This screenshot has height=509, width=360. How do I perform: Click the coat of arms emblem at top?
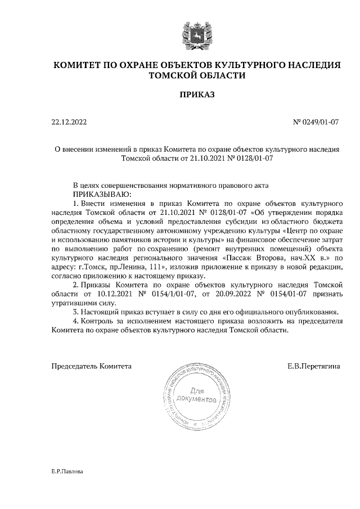(x=196, y=33)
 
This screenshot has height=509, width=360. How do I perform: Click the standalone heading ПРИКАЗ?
(x=196, y=96)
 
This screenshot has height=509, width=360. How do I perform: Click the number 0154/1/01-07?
(x=171, y=294)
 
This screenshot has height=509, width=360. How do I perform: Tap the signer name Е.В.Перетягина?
(x=313, y=366)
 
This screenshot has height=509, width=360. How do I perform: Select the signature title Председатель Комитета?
(x=92, y=366)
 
